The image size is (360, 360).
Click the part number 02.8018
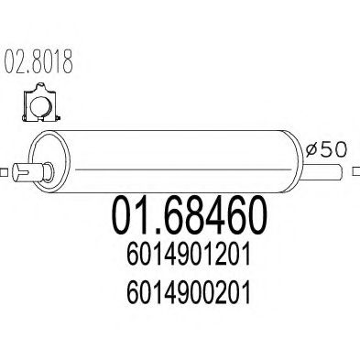point(39,67)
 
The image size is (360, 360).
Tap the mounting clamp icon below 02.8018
point(39,104)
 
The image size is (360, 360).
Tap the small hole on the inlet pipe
point(38,169)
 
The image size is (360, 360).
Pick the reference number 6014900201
point(189,292)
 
